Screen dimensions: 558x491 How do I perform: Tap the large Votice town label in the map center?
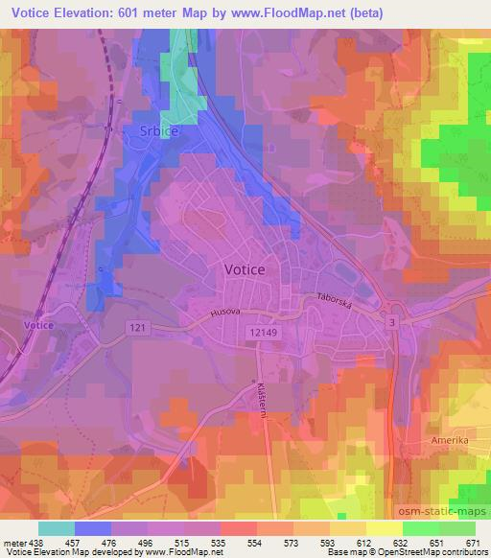pyautogui.click(x=245, y=270)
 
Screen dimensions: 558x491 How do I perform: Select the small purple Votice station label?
pyautogui.click(x=39, y=326)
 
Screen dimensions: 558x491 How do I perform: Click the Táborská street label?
pyautogui.click(x=336, y=300)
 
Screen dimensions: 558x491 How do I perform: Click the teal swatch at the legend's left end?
pyautogui.click(x=57, y=528)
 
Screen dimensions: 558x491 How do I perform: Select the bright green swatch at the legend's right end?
pyautogui.click(x=457, y=528)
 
